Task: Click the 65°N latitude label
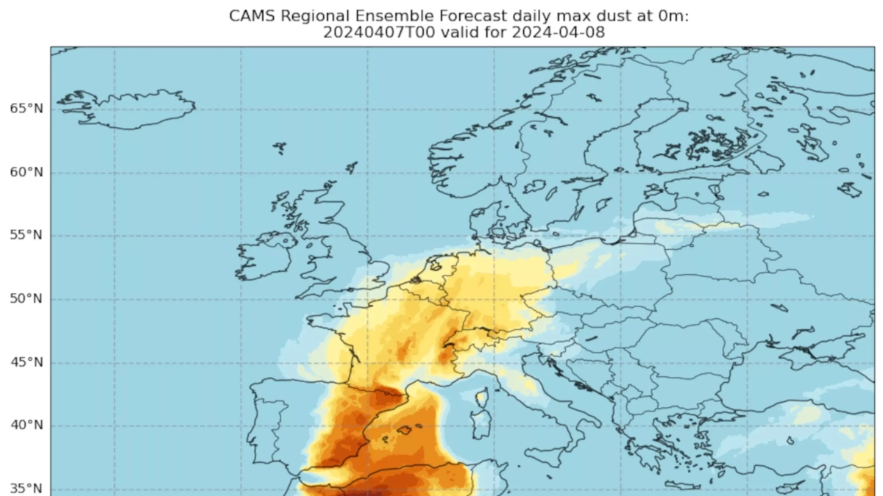tap(26, 109)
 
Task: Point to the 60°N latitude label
tap(26, 172)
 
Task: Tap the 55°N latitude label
tap(26, 235)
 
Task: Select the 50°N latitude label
tap(26, 298)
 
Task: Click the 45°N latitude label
tap(26, 362)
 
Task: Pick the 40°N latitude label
tap(26, 425)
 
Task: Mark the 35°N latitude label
tap(26, 488)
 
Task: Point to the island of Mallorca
tap(404, 431)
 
